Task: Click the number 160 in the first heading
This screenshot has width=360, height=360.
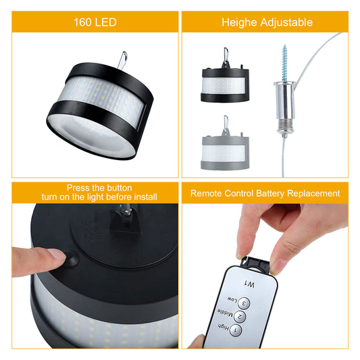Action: (82, 22)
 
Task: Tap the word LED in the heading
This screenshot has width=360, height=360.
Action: (105, 22)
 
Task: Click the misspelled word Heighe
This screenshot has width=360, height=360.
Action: (239, 23)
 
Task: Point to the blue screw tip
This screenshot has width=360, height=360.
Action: (285, 46)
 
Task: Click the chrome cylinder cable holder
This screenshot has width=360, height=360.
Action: (284, 108)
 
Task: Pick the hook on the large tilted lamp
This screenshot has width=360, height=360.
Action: (122, 60)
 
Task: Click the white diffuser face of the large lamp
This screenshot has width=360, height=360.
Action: (91, 135)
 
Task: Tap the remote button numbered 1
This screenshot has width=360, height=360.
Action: (236, 330)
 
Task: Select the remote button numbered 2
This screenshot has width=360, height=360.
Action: (240, 317)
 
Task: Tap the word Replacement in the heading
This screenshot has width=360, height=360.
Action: (313, 194)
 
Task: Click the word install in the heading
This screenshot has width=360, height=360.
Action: (146, 197)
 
